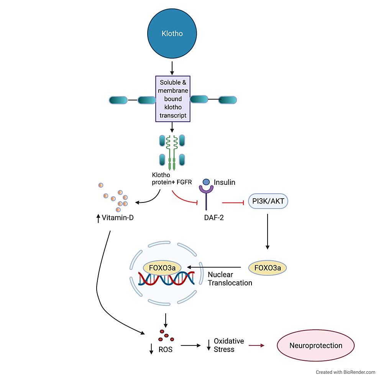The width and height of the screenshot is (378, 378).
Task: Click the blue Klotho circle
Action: coord(172,33)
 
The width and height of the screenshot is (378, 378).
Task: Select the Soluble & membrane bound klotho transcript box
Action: coord(173,99)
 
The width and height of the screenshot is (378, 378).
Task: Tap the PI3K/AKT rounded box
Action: coord(268,201)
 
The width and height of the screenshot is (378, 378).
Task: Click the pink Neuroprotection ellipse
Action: coord(316,345)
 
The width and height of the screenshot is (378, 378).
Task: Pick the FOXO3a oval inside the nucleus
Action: coord(162,268)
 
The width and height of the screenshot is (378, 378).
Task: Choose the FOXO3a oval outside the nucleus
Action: coord(268,268)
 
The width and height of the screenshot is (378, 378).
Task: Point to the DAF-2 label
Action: coord(214,218)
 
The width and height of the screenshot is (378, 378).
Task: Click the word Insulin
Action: coord(224,182)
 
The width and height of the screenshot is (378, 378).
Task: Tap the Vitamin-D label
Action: coord(115,218)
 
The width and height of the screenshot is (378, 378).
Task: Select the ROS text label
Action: coord(165,349)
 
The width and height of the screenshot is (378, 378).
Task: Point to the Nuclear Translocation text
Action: coord(230,279)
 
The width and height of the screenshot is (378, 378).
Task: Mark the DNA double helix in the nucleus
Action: coord(166,278)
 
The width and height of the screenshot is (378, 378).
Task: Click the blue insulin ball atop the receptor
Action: coord(206,182)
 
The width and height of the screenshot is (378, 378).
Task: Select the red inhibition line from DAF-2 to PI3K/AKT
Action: coord(233,203)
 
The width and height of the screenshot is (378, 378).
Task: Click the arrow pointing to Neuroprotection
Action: coord(256,345)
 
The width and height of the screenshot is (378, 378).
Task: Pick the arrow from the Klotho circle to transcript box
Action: coord(172,68)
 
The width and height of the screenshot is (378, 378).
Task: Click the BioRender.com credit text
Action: coord(345,372)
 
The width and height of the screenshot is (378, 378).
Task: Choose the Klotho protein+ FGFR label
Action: coord(172,178)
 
